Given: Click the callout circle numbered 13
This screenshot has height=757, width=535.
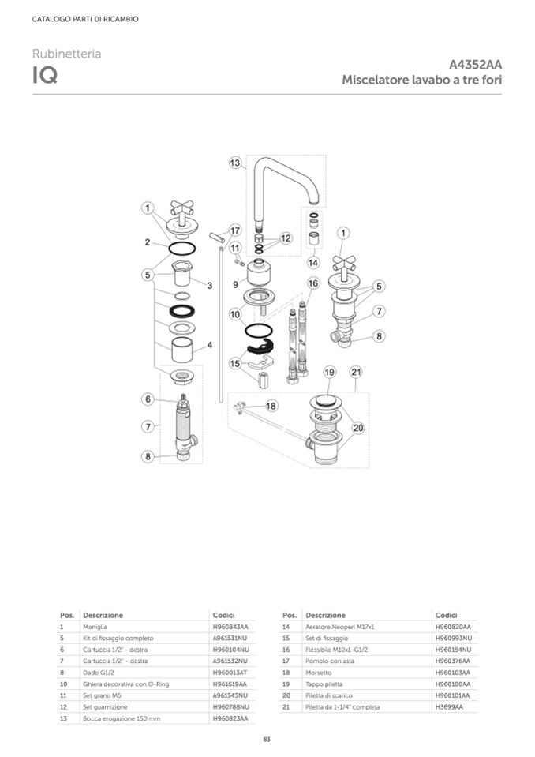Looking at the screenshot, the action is tap(234, 163).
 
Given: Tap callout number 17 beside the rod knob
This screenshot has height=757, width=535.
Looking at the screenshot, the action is tap(235, 230).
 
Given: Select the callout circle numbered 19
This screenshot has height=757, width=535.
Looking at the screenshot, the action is tap(329, 372).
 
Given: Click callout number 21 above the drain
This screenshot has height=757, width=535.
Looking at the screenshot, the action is tap(356, 372).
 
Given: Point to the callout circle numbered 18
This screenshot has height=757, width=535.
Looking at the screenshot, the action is tap(271, 406).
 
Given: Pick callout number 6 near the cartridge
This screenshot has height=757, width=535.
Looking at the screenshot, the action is tap(148, 399).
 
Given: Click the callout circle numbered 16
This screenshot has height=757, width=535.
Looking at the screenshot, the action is tap(313, 283).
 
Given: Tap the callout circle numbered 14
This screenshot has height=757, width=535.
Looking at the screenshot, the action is tap(313, 263).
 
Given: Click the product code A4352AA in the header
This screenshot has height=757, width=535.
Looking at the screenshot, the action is tap(475, 65).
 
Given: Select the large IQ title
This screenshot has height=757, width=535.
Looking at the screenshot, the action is tap(45, 75).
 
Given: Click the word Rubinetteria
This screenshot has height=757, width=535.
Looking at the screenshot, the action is tap(66, 54).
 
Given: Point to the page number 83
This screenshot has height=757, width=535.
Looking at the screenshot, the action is tap(267, 739).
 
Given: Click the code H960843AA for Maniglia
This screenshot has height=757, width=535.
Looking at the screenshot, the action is tap(230, 627).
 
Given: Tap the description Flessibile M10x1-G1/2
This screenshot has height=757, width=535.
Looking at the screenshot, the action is tap(336, 650).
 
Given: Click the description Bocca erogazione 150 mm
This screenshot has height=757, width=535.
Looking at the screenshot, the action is tap(122, 718).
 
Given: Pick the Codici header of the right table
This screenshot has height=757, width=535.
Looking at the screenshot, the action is tap(446, 615).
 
